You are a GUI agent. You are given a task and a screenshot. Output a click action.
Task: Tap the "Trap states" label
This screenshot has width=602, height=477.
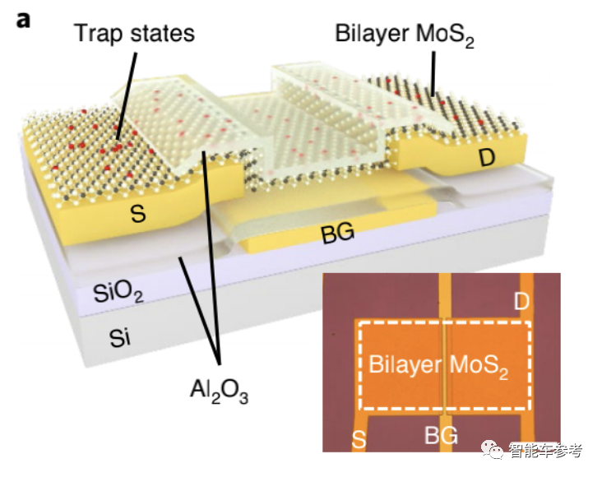coord(133,34)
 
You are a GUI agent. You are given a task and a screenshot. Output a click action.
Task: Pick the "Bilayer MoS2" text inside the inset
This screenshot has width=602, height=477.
coord(438,365)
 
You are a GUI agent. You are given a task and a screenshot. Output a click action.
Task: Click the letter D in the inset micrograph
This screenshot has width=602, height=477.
coord(521,300)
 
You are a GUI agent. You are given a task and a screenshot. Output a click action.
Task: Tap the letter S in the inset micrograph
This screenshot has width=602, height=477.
coord(359,439)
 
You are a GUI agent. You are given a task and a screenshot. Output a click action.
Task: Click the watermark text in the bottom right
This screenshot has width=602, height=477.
coord(545,451)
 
